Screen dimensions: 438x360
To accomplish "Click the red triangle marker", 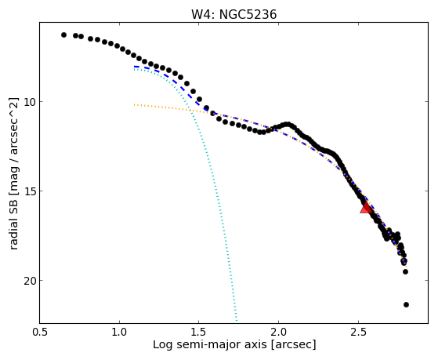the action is pyautogui.click(x=366, y=207).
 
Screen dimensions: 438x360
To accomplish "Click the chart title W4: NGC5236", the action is pyautogui.click(x=233, y=15).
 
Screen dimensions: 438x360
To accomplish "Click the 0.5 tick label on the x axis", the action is pyautogui.click(x=40, y=332).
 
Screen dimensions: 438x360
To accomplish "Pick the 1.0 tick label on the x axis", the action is pyautogui.click(x=119, y=332).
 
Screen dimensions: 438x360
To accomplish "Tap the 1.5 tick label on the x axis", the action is pyautogui.click(x=198, y=332).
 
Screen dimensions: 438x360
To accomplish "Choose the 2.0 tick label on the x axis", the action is pyautogui.click(x=278, y=332).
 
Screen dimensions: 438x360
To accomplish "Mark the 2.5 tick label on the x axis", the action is pyautogui.click(x=358, y=332).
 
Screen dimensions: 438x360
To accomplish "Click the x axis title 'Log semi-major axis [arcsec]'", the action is pyautogui.click(x=234, y=344).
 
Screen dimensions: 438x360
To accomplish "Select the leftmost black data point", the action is pyautogui.click(x=63, y=35).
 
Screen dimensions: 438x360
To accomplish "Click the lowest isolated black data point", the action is pyautogui.click(x=406, y=304).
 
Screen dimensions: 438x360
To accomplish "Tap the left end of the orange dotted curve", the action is pyautogui.click(x=134, y=104).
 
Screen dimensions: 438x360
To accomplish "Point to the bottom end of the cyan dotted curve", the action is pyautogui.click(x=237, y=321).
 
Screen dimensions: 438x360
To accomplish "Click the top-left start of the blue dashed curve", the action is pyautogui.click(x=135, y=67).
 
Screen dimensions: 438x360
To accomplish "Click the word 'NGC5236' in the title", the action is pyautogui.click(x=248, y=15).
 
